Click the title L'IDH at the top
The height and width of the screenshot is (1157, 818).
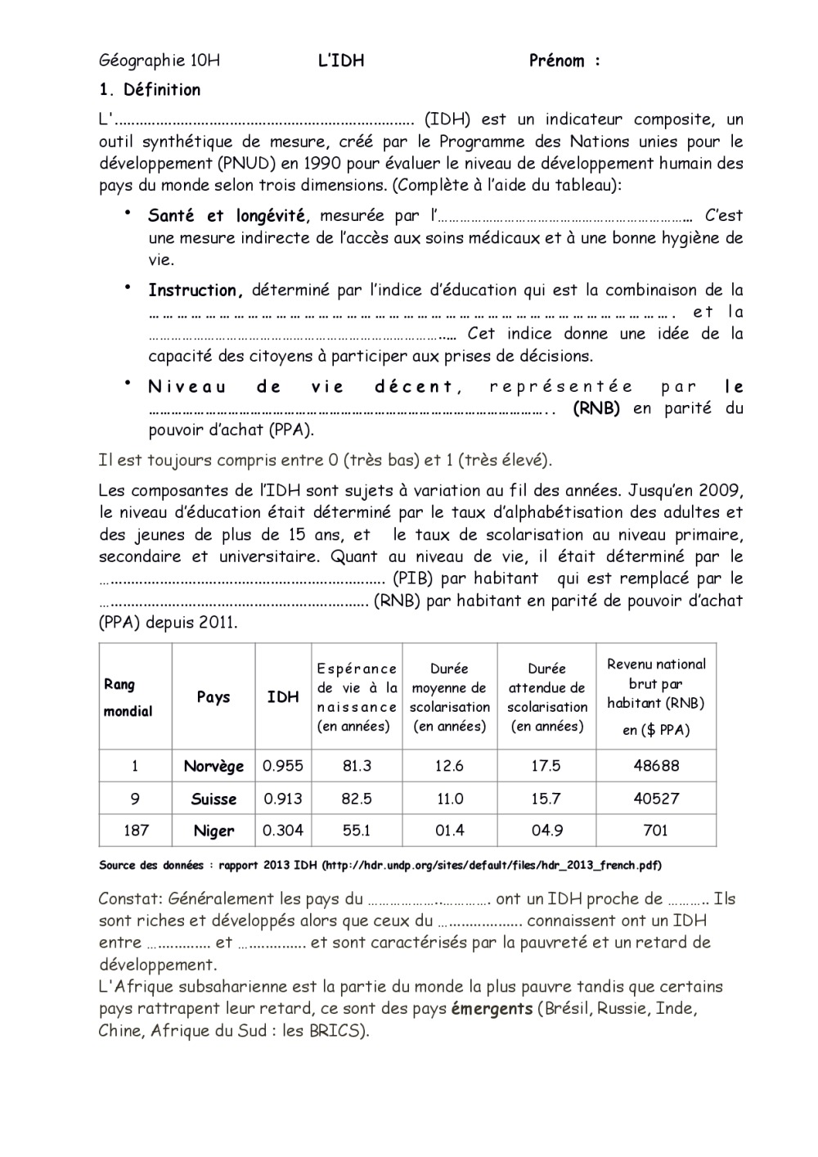click(x=341, y=61)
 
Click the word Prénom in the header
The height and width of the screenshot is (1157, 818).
click(x=557, y=61)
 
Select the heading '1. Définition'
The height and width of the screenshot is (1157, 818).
click(x=150, y=90)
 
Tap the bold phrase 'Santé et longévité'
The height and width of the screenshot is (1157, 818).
click(x=227, y=216)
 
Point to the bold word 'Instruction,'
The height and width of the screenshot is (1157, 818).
click(x=196, y=290)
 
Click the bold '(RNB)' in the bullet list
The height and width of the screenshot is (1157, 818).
click(x=596, y=408)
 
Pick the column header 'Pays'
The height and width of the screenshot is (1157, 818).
click(x=213, y=697)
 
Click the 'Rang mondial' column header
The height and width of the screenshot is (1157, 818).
click(x=128, y=697)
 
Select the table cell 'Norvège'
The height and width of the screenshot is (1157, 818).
click(x=213, y=767)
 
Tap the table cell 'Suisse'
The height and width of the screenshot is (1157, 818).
click(x=213, y=799)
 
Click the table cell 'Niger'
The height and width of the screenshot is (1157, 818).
click(x=213, y=831)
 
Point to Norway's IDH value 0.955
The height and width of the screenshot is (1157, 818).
click(x=282, y=767)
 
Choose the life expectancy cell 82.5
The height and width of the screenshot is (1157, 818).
click(x=357, y=799)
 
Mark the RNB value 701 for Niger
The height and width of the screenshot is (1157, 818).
click(x=656, y=831)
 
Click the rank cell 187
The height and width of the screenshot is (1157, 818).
click(x=136, y=831)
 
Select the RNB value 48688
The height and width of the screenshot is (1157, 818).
click(x=656, y=767)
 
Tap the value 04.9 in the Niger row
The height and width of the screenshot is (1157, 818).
click(x=546, y=831)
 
